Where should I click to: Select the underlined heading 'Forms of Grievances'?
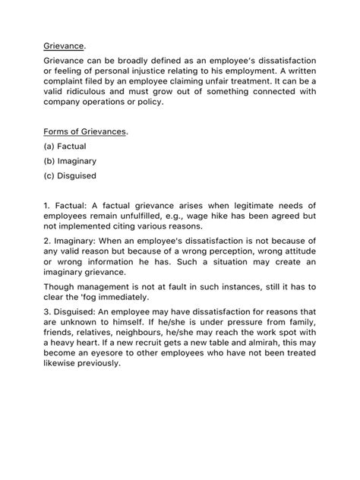click(84, 131)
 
